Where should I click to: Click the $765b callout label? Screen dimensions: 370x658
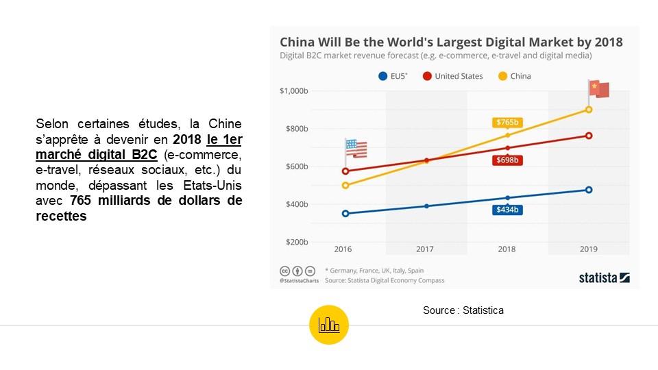[x=507, y=123]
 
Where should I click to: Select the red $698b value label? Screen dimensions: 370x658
[x=507, y=160]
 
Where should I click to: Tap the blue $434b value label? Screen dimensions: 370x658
[x=507, y=210]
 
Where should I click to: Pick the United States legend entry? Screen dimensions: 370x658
[x=453, y=76]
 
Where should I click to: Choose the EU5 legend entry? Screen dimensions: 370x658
[x=393, y=76]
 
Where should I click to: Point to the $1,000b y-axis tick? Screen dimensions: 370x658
[x=294, y=91]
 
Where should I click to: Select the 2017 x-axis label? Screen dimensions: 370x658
[x=426, y=249]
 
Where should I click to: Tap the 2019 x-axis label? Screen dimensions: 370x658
[x=588, y=249]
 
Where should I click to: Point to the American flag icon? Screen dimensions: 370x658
[x=356, y=148]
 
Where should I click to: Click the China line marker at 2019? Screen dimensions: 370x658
[x=588, y=110]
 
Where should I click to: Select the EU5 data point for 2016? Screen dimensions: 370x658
[x=345, y=213]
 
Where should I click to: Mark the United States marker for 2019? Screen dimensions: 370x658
[x=588, y=136]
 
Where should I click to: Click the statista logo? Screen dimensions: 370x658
[x=604, y=277]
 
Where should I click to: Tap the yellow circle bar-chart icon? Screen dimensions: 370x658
[x=329, y=325]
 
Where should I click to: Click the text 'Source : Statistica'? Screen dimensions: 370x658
[x=463, y=310]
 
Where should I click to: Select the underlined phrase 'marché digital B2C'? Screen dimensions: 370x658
[x=96, y=156]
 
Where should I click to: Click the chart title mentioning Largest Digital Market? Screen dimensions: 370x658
[x=451, y=42]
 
